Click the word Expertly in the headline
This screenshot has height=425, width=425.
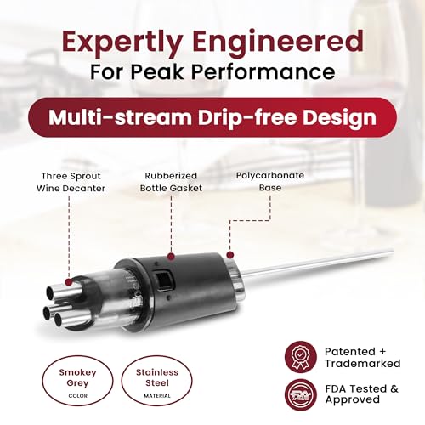click(122, 42)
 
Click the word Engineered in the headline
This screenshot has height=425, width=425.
click(278, 41)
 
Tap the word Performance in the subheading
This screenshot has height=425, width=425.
click(263, 71)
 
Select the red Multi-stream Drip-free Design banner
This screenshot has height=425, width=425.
click(212, 117)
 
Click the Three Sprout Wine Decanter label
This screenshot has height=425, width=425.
click(71, 182)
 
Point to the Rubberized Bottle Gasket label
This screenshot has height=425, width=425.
click(171, 182)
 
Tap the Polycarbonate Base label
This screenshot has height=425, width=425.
click(270, 181)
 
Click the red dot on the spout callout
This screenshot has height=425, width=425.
click(69, 282)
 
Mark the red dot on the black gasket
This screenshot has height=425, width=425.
click(171, 257)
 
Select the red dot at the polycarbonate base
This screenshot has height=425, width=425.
click(230, 255)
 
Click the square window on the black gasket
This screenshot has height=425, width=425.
click(163, 280)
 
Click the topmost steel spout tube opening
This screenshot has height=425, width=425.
click(51, 292)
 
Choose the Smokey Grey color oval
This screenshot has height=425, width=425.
click(77, 381)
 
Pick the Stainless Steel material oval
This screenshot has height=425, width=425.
click(157, 381)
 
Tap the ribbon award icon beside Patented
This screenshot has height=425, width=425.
click(301, 357)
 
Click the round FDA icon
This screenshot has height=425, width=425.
click(301, 394)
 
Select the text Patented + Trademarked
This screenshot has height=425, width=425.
click(362, 357)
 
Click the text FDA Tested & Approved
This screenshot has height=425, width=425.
click(362, 394)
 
